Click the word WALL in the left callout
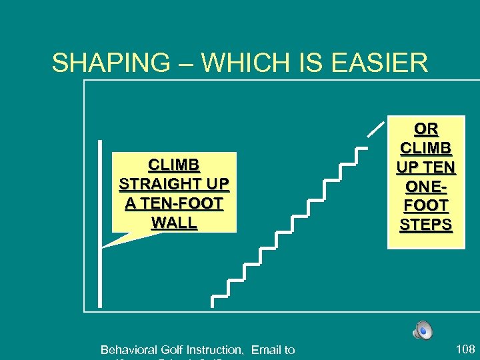tap(174, 222)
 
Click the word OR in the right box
tap(426, 128)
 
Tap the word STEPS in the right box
tap(426, 225)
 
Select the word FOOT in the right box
tap(426, 205)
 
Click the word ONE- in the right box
tap(426, 186)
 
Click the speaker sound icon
tap(422, 329)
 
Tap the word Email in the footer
tap(266, 349)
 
